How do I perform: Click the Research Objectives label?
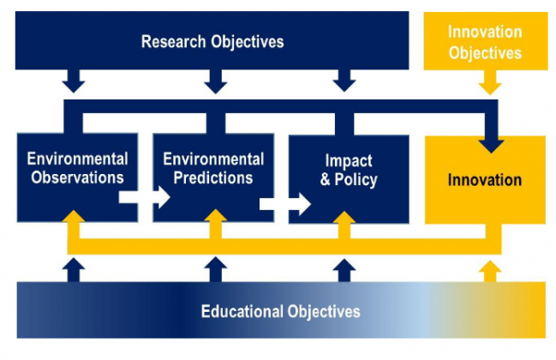click(x=212, y=42)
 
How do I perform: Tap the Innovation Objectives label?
click(x=485, y=43)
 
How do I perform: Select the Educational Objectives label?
click(x=280, y=312)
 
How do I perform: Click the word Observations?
click(x=77, y=177)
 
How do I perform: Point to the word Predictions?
click(x=213, y=177)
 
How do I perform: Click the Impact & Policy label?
click(x=349, y=171)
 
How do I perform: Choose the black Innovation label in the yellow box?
click(x=485, y=180)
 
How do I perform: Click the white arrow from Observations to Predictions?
click(x=144, y=197)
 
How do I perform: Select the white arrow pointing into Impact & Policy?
click(x=285, y=204)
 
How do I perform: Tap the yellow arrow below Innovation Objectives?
click(x=490, y=82)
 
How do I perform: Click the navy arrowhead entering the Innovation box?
click(x=491, y=146)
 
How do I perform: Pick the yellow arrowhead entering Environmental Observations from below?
click(x=74, y=216)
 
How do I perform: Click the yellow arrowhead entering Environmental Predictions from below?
click(x=216, y=215)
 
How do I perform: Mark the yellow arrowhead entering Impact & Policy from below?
click(x=344, y=217)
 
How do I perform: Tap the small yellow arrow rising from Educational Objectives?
click(x=490, y=272)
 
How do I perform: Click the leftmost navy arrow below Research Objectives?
click(x=74, y=81)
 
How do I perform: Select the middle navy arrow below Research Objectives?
click(x=216, y=81)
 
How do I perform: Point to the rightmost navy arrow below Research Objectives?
click(x=344, y=81)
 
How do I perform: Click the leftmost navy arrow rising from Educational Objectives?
click(x=74, y=270)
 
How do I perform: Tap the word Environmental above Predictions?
click(x=213, y=159)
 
